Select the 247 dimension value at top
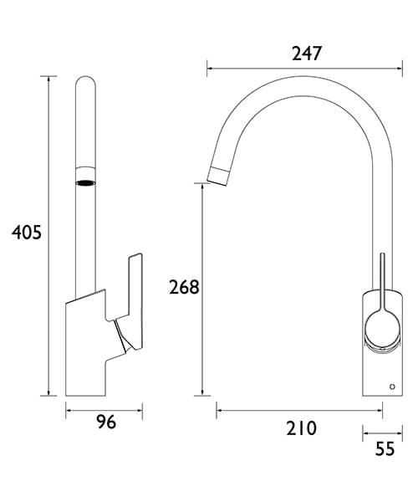pyautogui.click(x=306, y=53)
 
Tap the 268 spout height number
pyautogui.click(x=183, y=287)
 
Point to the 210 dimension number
pyautogui.click(x=301, y=428)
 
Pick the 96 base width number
pyautogui.click(x=105, y=423)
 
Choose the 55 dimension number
pyautogui.click(x=384, y=449)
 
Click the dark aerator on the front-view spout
pyautogui.click(x=86, y=182)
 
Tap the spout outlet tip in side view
pyautogui.click(x=217, y=174)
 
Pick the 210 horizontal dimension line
pyautogui.click(x=300, y=410)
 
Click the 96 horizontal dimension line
pyautogui.click(x=105, y=409)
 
